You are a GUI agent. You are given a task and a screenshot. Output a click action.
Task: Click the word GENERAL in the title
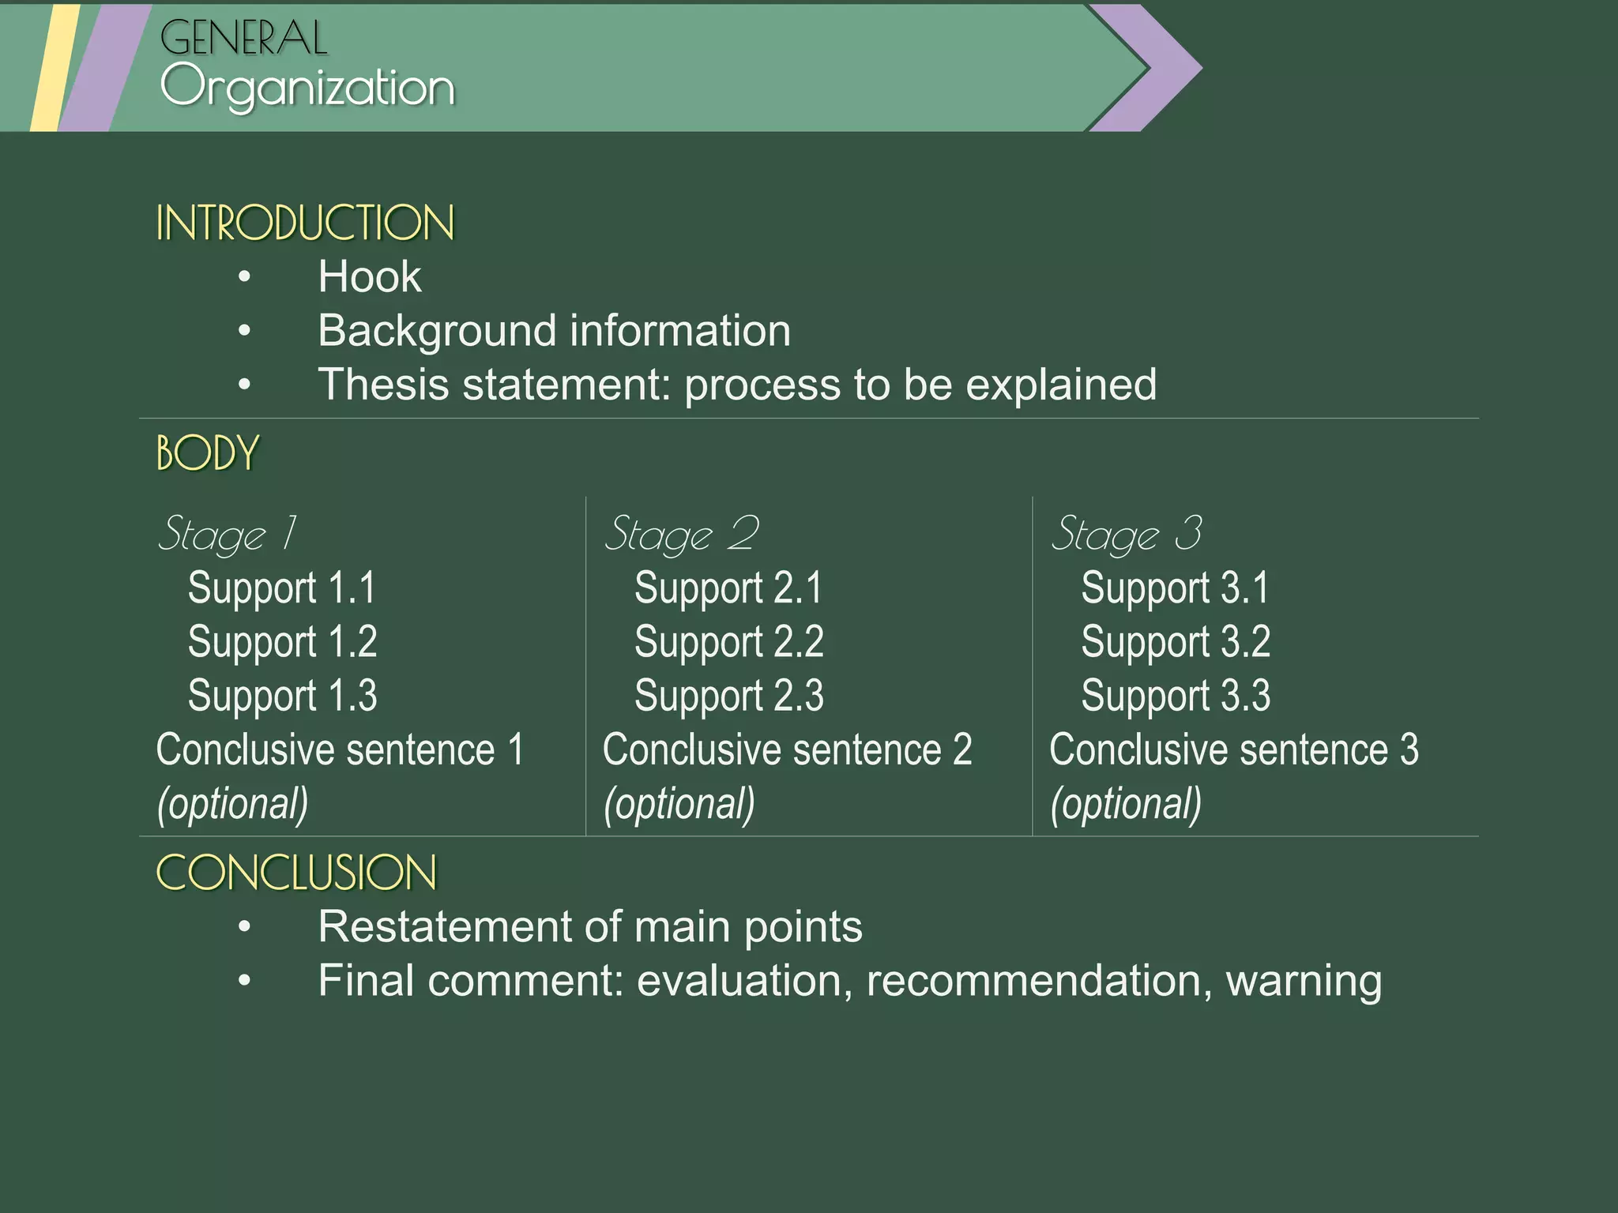pyautogui.click(x=243, y=38)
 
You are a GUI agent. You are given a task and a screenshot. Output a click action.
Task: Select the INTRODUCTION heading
pyautogui.click(x=305, y=223)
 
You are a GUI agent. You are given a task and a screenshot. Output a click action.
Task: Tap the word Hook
pyautogui.click(x=370, y=277)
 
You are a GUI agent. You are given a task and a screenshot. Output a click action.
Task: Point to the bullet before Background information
pyautogui.click(x=245, y=331)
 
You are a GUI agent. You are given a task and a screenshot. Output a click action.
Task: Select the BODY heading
pyautogui.click(x=208, y=453)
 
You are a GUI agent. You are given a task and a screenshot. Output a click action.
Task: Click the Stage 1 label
pyautogui.click(x=227, y=534)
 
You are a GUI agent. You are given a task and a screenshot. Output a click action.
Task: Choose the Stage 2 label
pyautogui.click(x=681, y=534)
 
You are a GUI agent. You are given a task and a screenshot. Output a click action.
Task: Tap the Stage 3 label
pyautogui.click(x=1127, y=534)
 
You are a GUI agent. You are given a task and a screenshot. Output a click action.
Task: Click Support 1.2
pyautogui.click(x=282, y=641)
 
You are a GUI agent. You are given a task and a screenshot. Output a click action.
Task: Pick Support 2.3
pyautogui.click(x=728, y=696)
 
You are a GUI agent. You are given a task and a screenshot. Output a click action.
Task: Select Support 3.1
pyautogui.click(x=1175, y=588)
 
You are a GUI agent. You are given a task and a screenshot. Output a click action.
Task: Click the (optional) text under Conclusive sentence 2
pyautogui.click(x=679, y=804)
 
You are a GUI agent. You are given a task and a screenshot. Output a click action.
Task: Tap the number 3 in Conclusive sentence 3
pyautogui.click(x=1409, y=749)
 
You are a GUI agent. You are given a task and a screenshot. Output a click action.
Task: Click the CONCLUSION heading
pyautogui.click(x=296, y=873)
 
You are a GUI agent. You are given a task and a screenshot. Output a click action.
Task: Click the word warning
pyautogui.click(x=1304, y=981)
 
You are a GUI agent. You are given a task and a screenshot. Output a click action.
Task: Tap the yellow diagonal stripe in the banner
pyautogui.click(x=54, y=68)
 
